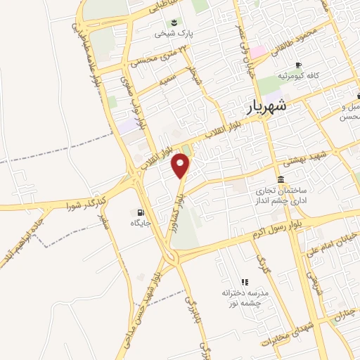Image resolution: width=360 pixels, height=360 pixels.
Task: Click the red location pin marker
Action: [x=182, y=166]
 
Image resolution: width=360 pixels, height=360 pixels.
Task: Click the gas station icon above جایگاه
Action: [x=140, y=212]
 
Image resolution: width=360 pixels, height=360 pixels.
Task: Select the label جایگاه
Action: [x=141, y=223]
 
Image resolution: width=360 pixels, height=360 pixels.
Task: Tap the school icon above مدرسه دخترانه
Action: [x=244, y=281]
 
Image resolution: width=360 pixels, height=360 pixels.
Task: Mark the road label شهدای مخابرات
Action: [x=285, y=330]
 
